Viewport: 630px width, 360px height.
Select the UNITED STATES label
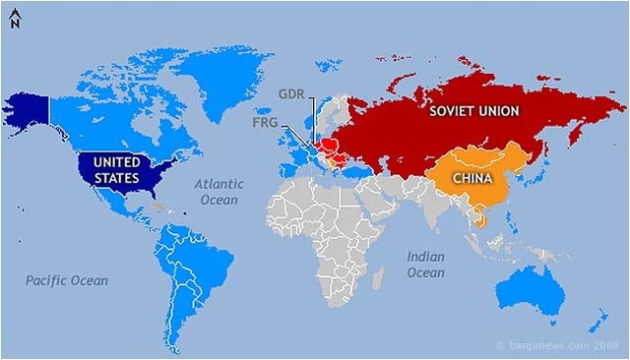tap(117, 169)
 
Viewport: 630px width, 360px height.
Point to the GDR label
tap(291, 95)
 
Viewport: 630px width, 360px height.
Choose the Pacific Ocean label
tap(67, 281)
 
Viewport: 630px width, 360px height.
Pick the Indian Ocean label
tap(425, 265)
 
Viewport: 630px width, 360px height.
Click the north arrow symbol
tap(14, 19)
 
